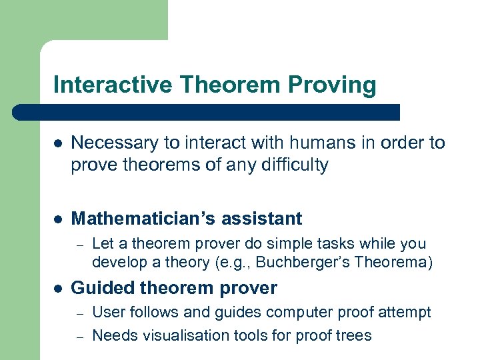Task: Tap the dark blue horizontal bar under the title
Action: [207, 112]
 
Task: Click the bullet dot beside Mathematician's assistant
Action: [58, 219]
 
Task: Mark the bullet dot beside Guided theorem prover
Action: [58, 289]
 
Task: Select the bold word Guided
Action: [98, 289]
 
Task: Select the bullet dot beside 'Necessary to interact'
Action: [58, 143]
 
